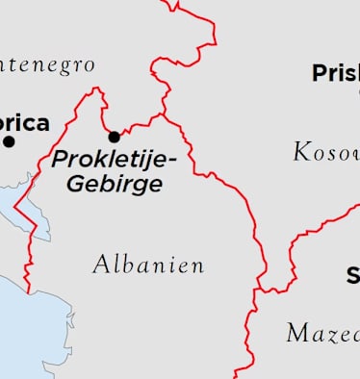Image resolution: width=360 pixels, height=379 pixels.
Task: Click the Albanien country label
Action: (x=149, y=265)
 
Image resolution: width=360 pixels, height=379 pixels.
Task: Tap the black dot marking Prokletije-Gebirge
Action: (x=115, y=137)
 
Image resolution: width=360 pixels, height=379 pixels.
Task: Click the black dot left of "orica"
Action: (x=10, y=141)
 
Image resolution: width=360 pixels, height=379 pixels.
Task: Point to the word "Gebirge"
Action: (x=114, y=184)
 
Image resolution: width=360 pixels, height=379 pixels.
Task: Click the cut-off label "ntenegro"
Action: (x=48, y=65)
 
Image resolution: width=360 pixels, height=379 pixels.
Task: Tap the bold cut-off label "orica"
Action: (x=25, y=123)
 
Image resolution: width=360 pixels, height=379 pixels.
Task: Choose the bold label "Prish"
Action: (x=335, y=73)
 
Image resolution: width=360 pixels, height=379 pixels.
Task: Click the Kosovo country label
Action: (x=326, y=152)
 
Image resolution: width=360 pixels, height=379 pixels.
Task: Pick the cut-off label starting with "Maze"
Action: (x=323, y=334)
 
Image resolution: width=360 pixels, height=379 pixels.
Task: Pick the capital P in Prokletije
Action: (x=59, y=159)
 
